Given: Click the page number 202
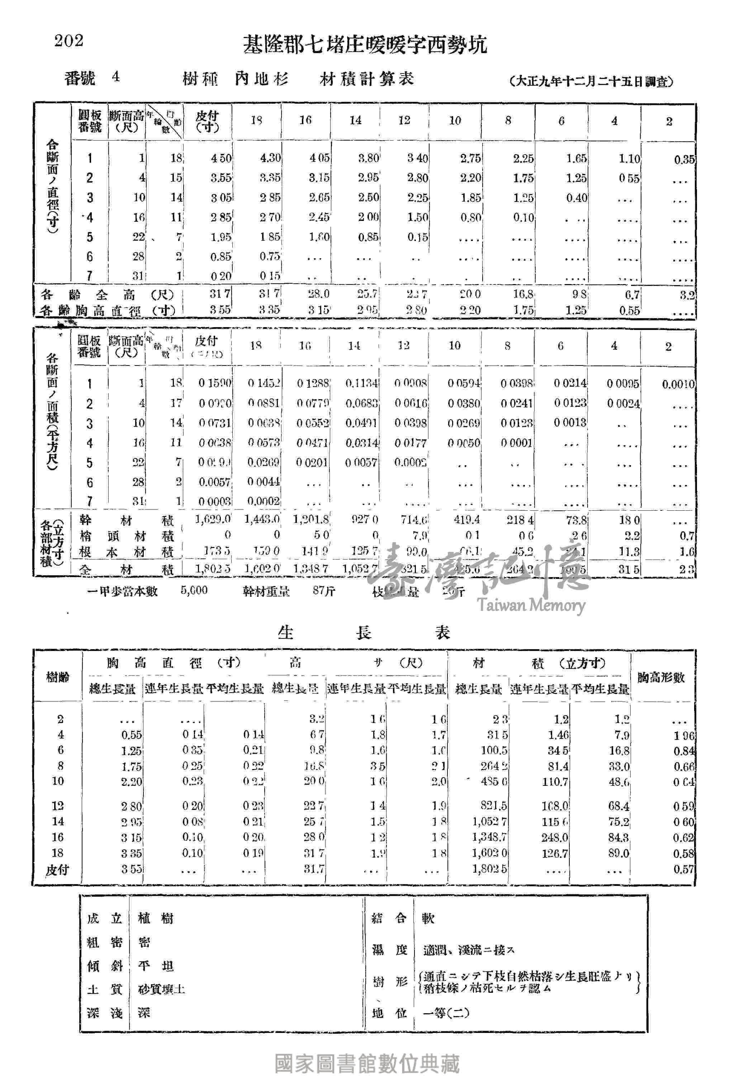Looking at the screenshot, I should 69,41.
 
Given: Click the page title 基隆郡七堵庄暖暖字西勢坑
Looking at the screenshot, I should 365,46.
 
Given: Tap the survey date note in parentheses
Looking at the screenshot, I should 591,81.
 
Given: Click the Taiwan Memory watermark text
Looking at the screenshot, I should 531,605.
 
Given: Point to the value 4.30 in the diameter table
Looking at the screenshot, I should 270,158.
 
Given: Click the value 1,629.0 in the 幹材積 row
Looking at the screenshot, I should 213,519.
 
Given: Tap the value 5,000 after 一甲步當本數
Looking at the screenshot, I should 194,590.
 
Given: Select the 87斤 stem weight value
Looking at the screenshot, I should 323,591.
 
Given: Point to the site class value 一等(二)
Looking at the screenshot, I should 446,1013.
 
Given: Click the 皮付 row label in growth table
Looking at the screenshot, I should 57,869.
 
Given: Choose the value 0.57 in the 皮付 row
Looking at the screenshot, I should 684,869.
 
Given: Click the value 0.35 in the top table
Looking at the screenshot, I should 684,160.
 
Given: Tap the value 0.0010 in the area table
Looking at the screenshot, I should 678,384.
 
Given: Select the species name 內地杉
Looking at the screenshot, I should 261,79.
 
